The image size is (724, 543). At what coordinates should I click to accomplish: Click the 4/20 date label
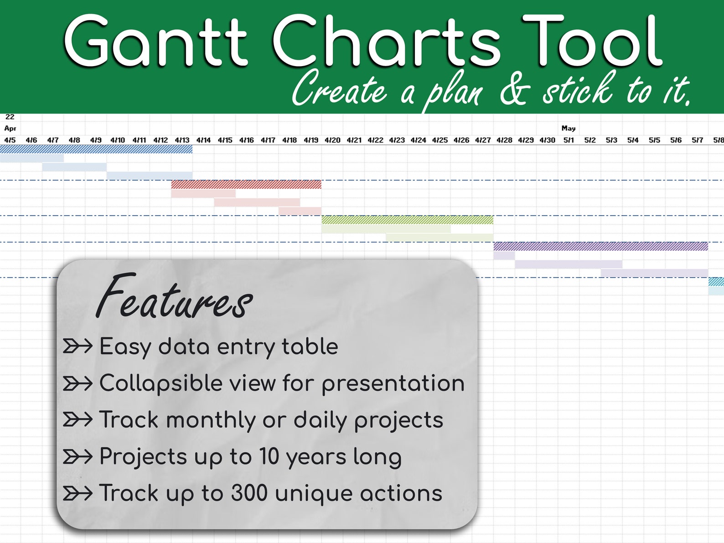(332, 140)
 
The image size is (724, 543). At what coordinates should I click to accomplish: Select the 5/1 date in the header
(569, 140)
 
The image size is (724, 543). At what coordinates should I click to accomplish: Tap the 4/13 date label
(182, 140)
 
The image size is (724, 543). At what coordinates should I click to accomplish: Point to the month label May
(569, 129)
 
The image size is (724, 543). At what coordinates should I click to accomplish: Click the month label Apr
(10, 129)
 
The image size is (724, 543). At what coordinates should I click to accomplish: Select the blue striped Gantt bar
(96, 149)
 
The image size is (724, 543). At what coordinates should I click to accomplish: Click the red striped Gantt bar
(246, 185)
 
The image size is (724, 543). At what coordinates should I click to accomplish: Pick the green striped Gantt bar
(407, 220)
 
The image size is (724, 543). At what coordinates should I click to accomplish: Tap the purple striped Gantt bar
(600, 247)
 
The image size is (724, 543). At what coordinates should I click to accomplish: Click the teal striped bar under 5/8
(716, 282)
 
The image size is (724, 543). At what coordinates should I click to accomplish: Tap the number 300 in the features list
(249, 493)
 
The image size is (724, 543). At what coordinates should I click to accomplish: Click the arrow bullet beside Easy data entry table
(78, 346)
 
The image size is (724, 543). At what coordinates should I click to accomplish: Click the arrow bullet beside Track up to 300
(78, 493)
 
